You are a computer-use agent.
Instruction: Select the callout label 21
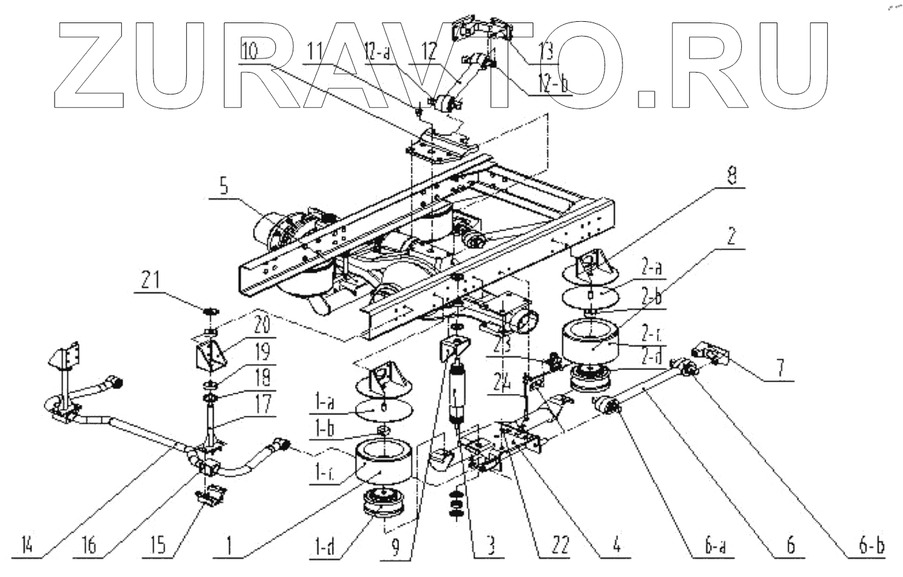(x=148, y=280)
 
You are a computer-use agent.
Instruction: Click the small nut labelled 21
(x=209, y=311)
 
